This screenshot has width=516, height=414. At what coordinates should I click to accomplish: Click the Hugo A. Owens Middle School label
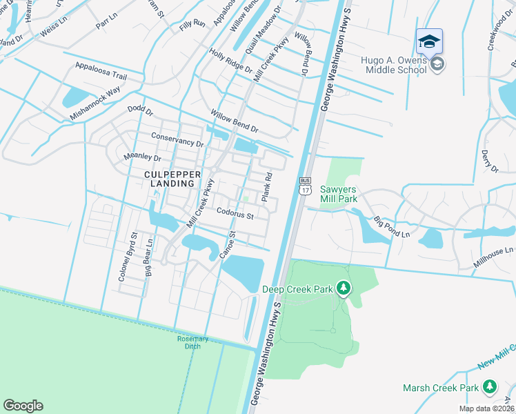393,65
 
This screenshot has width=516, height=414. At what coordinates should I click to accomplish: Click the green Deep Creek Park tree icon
344,288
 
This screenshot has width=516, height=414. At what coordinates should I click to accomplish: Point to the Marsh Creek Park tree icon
490,386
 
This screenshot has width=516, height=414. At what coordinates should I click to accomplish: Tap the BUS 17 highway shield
305,185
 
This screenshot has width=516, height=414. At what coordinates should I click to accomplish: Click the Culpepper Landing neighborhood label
169,179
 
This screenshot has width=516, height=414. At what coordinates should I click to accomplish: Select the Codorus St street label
235,215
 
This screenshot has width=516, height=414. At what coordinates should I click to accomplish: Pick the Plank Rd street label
266,188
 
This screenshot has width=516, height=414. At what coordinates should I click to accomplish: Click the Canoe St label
228,246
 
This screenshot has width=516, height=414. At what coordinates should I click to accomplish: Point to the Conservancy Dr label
177,139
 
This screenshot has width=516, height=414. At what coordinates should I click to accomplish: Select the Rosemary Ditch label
188,342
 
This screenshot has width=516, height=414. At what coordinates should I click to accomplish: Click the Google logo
23,406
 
